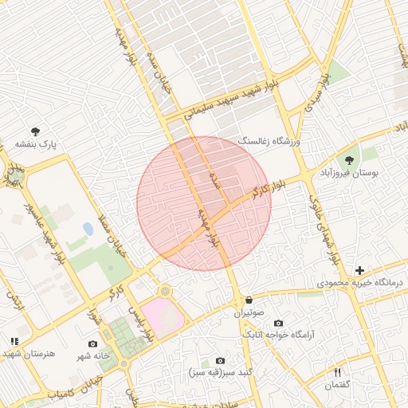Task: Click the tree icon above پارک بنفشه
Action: coord(35,131)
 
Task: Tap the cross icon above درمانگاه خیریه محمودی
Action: coord(359,271)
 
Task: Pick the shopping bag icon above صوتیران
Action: coord(249,300)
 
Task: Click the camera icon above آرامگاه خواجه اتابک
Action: coord(278,323)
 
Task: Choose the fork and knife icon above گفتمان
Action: coord(337,372)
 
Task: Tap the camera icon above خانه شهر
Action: coord(93,344)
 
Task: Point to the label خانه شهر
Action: coord(92,356)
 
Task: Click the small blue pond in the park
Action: coord(87,229)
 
